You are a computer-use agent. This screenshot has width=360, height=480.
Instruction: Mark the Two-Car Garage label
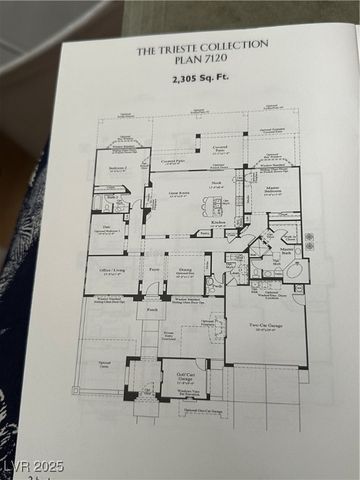(265, 325)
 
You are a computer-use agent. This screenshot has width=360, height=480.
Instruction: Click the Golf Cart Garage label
(185, 379)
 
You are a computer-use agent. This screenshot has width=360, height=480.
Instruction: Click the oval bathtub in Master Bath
(295, 268)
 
